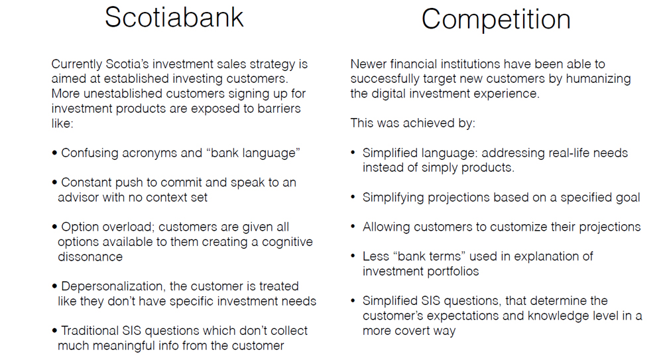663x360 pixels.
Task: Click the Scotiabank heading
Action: point(174,17)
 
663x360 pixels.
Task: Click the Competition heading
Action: point(496,20)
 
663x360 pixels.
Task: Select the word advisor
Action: point(76,197)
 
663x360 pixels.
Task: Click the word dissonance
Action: point(90,257)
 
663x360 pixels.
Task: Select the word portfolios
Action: point(451,271)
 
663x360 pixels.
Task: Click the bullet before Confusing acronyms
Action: point(54,152)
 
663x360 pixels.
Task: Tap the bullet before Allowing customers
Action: point(353,227)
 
